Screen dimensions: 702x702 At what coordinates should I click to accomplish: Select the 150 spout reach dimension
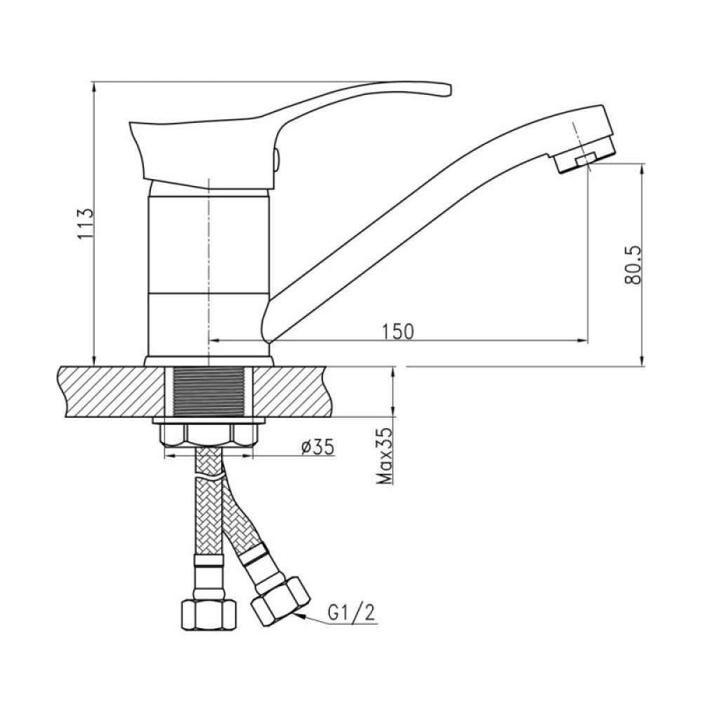click(398, 331)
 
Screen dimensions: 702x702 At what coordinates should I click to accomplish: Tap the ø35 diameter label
click(317, 446)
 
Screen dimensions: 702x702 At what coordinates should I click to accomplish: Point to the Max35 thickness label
click(385, 456)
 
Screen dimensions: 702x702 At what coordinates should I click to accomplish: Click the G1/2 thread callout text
click(351, 613)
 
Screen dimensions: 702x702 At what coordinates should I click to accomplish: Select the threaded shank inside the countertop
click(209, 392)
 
